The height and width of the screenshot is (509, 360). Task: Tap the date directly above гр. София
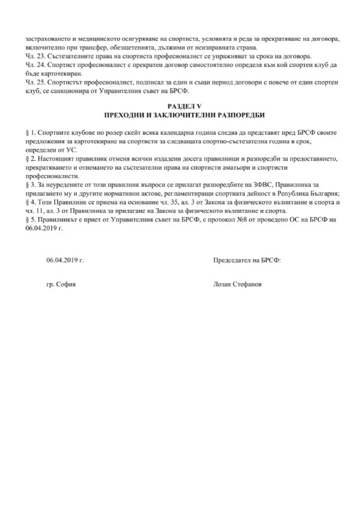(x=65, y=261)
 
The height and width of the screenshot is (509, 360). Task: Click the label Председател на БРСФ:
(x=247, y=261)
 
